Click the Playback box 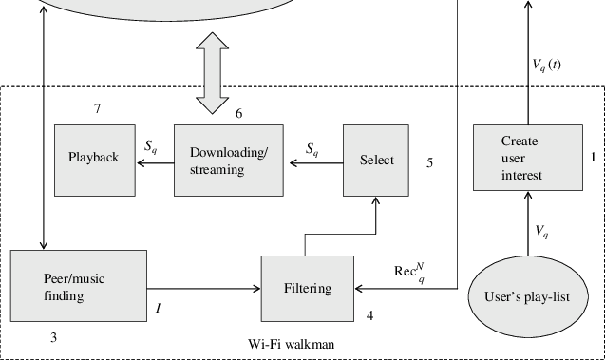point(93,157)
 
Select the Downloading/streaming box point(229,161)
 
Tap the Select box point(376,160)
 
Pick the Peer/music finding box point(78,288)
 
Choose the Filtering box point(308,288)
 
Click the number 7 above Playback point(97,109)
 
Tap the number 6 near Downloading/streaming point(238,113)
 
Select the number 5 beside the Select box point(429,163)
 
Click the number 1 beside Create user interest point(593,156)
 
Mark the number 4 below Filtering point(370,314)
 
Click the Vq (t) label point(552,65)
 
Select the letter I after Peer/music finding point(159,307)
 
